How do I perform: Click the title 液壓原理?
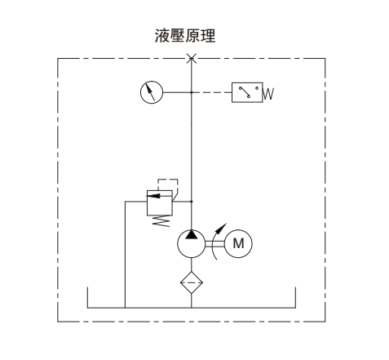tap(185, 36)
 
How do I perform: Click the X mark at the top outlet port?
tap(192, 58)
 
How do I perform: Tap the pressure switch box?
tap(247, 92)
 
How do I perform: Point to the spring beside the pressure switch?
tap(268, 94)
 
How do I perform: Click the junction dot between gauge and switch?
tap(192, 92)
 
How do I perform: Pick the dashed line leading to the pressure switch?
tap(212, 92)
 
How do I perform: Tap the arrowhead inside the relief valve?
tap(153, 195)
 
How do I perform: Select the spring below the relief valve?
tap(161, 221)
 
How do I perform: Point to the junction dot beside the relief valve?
tap(192, 202)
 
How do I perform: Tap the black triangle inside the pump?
tap(192, 234)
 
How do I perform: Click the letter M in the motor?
tap(238, 243)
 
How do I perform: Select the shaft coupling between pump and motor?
tap(214, 244)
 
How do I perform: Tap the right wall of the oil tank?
tap(295, 297)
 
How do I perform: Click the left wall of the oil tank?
tap(87, 297)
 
